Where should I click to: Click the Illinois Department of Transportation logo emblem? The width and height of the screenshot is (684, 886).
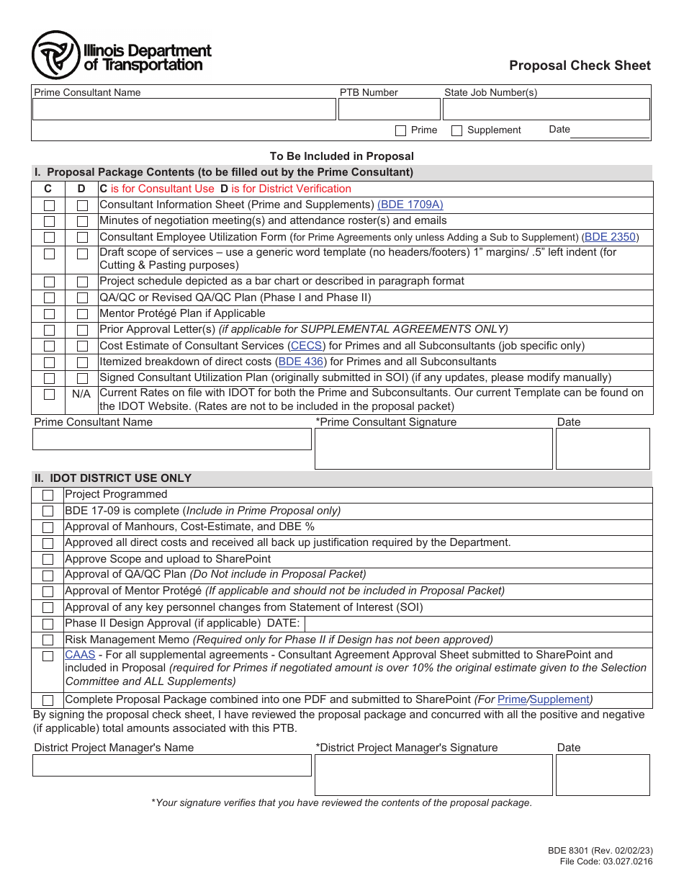pyautogui.click(x=55, y=55)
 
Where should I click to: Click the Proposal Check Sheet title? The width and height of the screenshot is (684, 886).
pyautogui.click(x=580, y=66)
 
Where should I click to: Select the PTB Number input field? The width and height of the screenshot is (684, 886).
pyautogui.click(x=389, y=109)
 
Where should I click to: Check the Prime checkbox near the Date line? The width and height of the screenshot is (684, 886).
pyautogui.click(x=401, y=130)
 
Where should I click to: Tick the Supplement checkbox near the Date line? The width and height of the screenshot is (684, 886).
pyautogui.click(x=456, y=130)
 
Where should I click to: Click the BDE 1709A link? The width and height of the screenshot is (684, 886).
pyautogui.click(x=410, y=205)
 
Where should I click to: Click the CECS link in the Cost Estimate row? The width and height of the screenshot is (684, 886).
pyautogui.click(x=306, y=346)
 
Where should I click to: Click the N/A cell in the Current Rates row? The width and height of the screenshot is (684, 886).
pyautogui.click(x=81, y=394)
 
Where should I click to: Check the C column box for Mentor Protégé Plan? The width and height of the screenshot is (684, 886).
pyautogui.click(x=49, y=314)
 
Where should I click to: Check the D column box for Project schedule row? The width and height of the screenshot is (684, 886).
pyautogui.click(x=82, y=282)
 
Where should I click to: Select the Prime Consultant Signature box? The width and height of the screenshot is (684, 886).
pyautogui.click(x=433, y=449)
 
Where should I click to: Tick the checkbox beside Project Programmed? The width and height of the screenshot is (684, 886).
pyautogui.click(x=48, y=495)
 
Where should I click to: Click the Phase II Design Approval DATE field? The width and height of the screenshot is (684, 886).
pyautogui.click(x=475, y=624)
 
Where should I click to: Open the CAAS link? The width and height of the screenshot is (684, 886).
pyautogui.click(x=80, y=655)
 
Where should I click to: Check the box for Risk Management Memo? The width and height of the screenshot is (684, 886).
pyautogui.click(x=48, y=640)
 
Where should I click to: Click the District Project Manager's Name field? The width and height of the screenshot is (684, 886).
pyautogui.click(x=171, y=765)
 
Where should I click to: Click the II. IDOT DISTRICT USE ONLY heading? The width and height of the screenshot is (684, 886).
pyautogui.click(x=113, y=478)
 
